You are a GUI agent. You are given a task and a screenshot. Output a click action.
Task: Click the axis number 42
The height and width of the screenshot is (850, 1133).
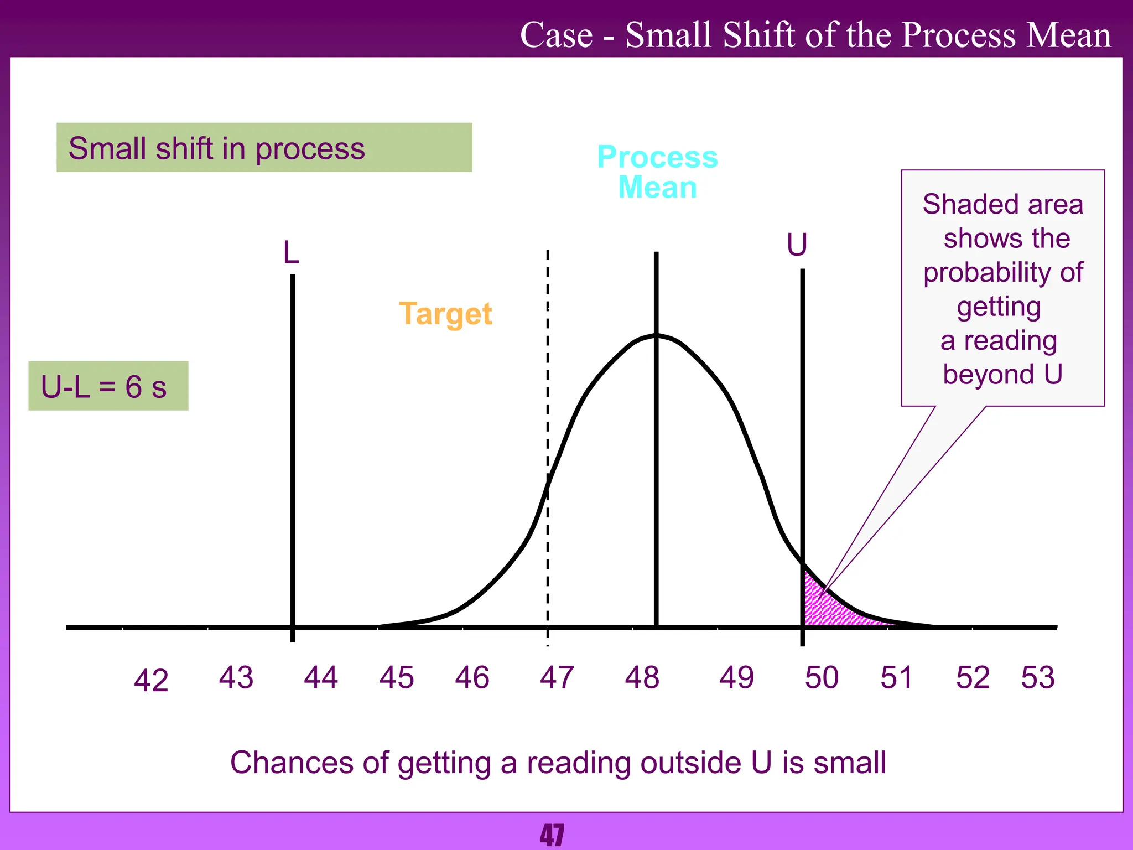150,680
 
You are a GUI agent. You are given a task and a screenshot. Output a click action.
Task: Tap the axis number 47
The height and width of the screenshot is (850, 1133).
557,677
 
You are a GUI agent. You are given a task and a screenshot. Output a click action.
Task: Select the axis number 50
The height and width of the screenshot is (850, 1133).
822,677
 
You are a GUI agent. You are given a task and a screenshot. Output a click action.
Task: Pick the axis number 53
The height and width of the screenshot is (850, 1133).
1038,677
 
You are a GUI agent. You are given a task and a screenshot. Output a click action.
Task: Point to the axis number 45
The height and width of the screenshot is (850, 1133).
396,677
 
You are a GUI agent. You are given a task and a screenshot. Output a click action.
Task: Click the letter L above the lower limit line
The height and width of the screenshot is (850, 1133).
291,253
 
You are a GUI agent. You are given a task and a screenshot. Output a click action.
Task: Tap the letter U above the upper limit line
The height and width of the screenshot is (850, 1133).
797,245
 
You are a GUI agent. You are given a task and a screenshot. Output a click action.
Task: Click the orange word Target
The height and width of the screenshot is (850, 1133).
445,314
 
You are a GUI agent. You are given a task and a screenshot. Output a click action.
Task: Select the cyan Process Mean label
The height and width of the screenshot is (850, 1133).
657,172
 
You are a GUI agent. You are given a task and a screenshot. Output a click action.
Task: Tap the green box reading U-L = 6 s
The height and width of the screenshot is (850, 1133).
108,386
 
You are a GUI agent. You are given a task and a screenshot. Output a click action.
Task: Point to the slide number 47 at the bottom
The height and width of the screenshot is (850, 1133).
552,836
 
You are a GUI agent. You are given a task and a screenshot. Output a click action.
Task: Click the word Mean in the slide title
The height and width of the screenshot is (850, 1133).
1068,35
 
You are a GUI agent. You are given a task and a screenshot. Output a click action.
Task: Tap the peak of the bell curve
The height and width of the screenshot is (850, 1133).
656,335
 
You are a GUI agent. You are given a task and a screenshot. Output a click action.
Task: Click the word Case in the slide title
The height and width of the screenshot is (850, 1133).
556,35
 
